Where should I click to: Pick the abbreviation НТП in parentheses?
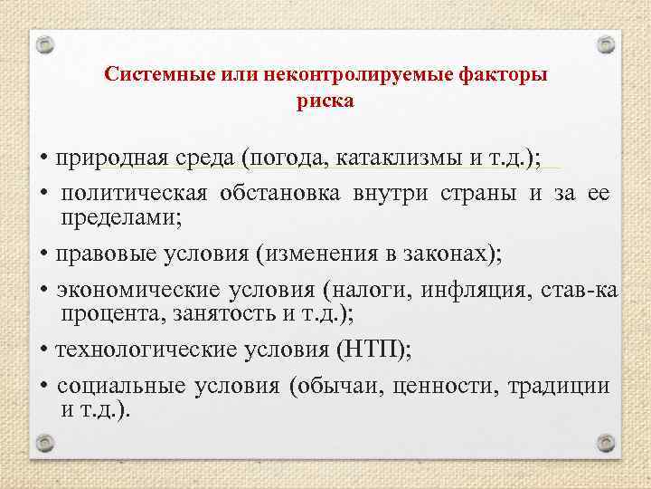click(371, 350)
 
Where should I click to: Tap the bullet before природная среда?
click(42, 160)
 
